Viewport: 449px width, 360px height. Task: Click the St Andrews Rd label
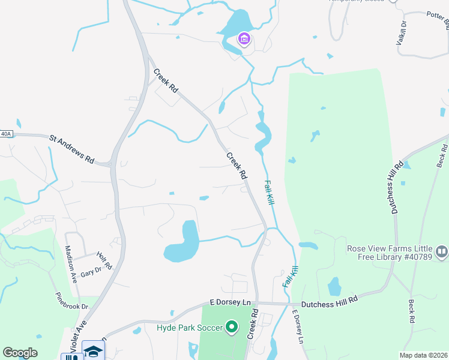72,149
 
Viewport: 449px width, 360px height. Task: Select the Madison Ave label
71,265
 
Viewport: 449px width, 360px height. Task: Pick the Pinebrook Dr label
71,301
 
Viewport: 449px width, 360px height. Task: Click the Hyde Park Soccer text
189,328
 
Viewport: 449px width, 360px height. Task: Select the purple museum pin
244,40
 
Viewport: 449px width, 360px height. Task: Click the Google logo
20,353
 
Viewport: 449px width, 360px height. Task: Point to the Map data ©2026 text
423,355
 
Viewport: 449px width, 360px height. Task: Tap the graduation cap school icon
94,351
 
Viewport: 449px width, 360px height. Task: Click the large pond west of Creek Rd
183,242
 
